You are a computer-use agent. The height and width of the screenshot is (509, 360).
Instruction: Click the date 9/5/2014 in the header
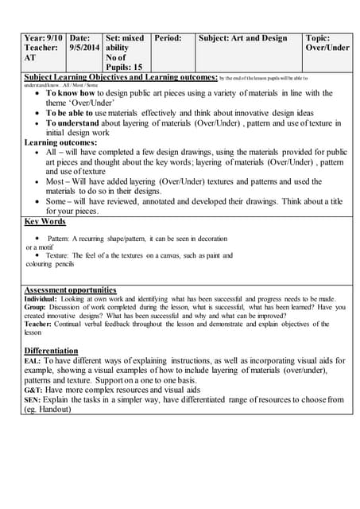pyautogui.click(x=85, y=48)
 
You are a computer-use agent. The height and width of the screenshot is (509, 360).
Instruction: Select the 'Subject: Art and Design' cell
pyautogui.click(x=242, y=37)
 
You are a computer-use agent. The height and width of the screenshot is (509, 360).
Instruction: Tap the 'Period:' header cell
pyautogui.click(x=168, y=37)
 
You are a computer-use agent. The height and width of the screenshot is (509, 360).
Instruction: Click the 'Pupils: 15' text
pyautogui.click(x=124, y=68)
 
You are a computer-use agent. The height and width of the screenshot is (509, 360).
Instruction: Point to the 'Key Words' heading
pyautogui.click(x=45, y=221)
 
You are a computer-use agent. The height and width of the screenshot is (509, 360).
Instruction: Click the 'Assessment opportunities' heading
pyautogui.click(x=70, y=289)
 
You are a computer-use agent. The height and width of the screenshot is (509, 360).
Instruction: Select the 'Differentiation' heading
pyautogui.click(x=51, y=350)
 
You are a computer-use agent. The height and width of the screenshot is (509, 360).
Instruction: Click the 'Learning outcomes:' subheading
pyautogui.click(x=60, y=142)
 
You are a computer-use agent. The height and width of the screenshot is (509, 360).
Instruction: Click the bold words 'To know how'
pyautogui.click(x=71, y=93)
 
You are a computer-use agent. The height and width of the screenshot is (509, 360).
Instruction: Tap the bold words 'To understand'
pyautogui.click(x=74, y=123)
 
